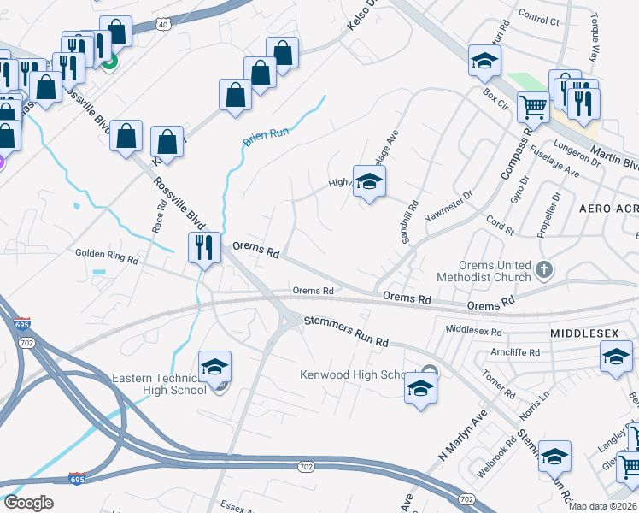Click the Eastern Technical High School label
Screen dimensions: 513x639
(159, 384)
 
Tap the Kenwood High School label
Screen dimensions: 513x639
(357, 375)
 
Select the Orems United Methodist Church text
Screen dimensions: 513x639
(483, 271)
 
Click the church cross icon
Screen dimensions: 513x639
(543, 271)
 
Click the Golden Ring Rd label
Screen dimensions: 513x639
(106, 253)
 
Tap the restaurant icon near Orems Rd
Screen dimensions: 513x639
(204, 248)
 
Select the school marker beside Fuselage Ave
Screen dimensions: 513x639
(370, 181)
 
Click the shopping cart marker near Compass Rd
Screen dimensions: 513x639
(533, 108)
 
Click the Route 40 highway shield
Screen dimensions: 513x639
(162, 24)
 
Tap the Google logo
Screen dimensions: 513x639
(28, 503)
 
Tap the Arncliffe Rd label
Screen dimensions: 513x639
(510, 351)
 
